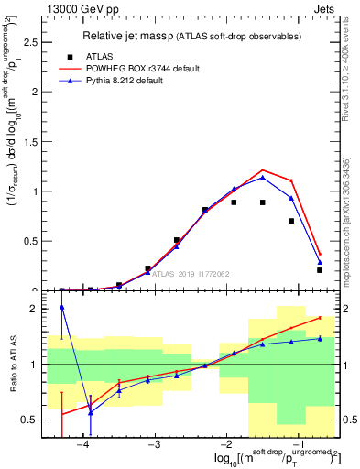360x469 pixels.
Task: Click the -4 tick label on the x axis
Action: click(x=83, y=443)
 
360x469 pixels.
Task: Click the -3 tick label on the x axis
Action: click(x=154, y=443)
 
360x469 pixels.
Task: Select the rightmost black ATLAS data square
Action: click(x=320, y=270)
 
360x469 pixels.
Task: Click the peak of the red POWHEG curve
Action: click(x=262, y=169)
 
